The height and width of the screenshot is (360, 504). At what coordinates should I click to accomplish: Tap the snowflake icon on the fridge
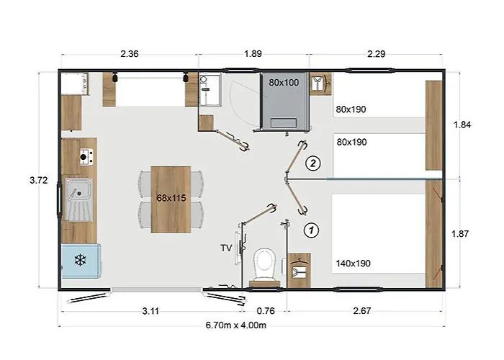coord(80,260)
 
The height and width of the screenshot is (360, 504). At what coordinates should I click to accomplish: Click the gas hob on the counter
coord(86,157)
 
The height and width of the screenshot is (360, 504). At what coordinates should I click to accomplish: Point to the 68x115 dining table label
coord(171,198)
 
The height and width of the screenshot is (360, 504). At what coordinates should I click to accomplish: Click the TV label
coord(226,248)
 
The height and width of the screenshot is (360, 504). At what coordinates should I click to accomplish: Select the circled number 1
coord(311,230)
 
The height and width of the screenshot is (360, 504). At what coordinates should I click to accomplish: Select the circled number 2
coord(313,163)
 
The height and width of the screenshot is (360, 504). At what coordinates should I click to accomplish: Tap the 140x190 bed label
coord(354,264)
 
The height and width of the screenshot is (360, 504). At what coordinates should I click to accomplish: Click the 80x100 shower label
coord(284,83)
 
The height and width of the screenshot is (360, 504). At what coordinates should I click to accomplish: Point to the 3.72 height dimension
coord(39,180)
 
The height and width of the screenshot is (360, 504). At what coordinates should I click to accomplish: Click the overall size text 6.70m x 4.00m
coord(236,325)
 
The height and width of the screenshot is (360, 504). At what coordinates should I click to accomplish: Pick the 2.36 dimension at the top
coord(130,54)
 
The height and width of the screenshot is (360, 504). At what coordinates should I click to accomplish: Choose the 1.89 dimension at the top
coord(253,54)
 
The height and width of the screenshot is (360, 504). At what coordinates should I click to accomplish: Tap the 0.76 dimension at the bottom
coord(266,311)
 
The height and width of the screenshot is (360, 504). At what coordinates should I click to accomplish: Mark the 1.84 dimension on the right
coord(462,125)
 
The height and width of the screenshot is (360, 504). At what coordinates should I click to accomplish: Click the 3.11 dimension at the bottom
coord(150,311)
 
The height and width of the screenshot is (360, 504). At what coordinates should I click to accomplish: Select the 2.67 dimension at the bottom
coord(362,311)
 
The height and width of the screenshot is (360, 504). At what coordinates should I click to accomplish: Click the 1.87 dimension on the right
coord(460,234)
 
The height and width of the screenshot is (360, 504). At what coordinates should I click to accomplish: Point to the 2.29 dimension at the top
coord(377,54)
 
